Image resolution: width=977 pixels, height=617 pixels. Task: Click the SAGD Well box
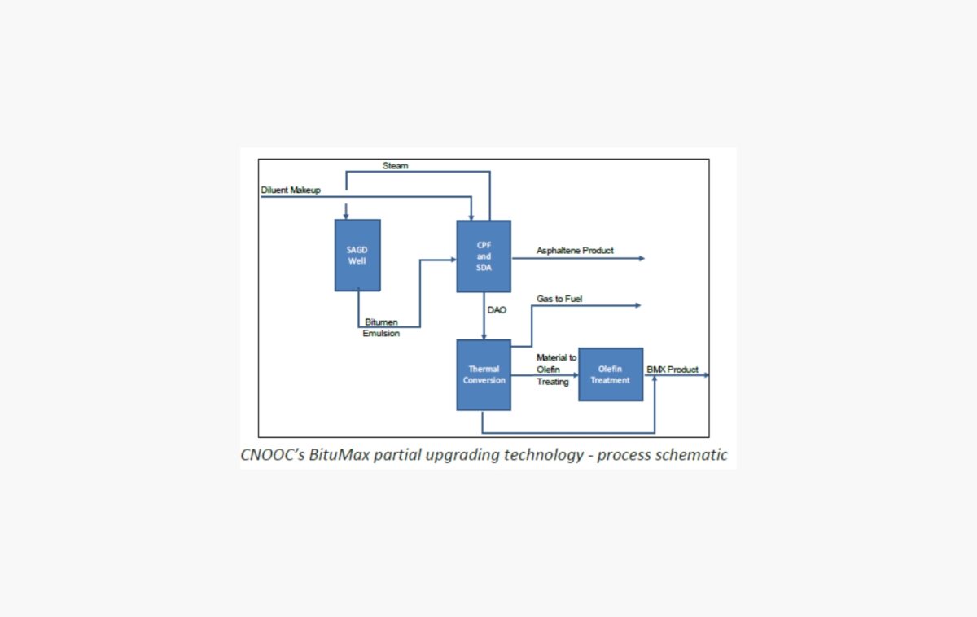click(x=357, y=255)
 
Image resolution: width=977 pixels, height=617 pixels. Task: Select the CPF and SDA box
click(x=484, y=256)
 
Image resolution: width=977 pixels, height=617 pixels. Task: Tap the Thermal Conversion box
click(x=484, y=374)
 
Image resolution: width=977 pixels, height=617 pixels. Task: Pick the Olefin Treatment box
click(x=610, y=374)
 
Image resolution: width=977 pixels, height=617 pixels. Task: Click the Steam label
click(x=396, y=166)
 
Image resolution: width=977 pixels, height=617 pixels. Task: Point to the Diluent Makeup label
click(x=291, y=190)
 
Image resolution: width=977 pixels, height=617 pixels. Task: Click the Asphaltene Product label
click(x=575, y=251)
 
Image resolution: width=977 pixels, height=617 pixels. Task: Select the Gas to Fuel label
click(x=559, y=299)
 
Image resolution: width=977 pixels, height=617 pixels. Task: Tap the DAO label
click(x=497, y=310)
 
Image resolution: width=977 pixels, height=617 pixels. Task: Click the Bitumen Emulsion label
click(x=381, y=328)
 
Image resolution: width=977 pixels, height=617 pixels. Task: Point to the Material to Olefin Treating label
click(x=556, y=370)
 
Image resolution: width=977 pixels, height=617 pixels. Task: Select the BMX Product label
click(x=673, y=370)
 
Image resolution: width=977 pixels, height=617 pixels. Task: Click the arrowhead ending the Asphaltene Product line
click(x=642, y=258)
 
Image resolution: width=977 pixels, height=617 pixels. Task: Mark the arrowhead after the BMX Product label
click(x=706, y=375)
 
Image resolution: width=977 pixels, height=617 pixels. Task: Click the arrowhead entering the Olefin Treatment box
click(x=575, y=375)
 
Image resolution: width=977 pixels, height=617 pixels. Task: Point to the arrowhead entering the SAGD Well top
click(x=347, y=217)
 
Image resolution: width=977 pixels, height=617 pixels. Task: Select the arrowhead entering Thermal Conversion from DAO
click(x=484, y=336)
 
